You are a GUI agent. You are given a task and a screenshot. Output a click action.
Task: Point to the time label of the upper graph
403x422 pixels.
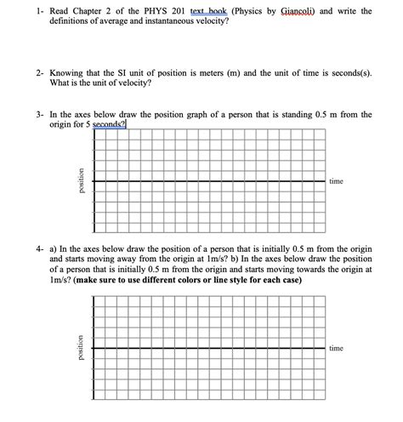coord(336,181)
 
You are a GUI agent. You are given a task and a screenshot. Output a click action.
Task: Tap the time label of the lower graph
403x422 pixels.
coord(336,348)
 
